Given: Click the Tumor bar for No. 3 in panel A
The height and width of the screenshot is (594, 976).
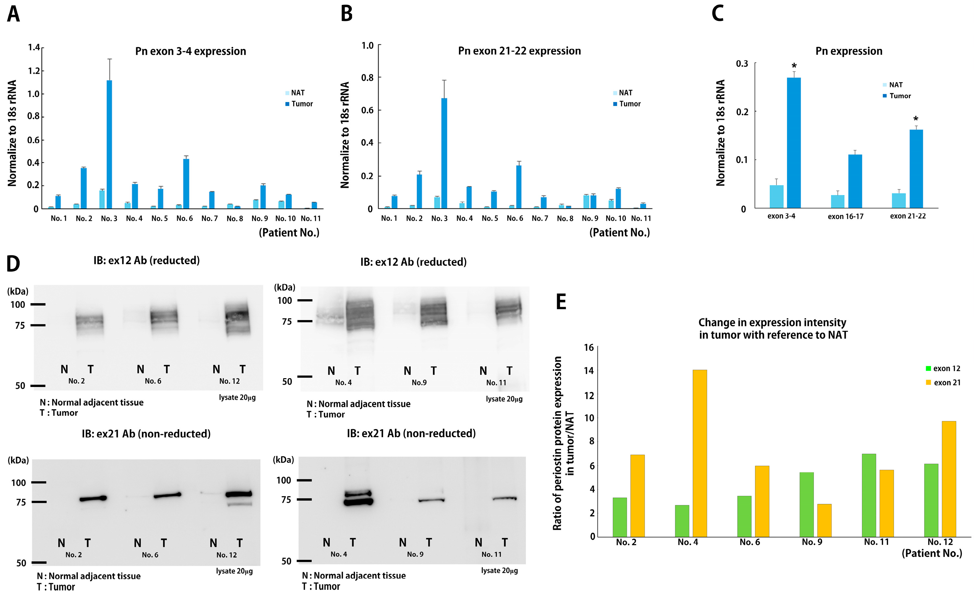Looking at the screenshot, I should [109, 144].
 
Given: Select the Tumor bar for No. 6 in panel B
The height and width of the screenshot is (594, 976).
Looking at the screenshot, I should [519, 187].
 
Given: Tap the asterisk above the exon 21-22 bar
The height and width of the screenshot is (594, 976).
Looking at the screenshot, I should [915, 119].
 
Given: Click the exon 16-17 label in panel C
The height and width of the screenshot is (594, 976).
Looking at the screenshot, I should [845, 216].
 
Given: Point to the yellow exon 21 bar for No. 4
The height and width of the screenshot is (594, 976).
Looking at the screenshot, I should [699, 453].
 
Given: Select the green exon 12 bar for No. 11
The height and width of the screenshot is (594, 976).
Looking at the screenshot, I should [868, 495].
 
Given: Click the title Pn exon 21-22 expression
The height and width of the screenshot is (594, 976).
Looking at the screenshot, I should [519, 51].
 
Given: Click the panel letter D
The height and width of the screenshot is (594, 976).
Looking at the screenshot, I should [13, 264].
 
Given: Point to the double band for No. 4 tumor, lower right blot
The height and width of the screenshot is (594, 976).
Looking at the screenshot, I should [358, 498].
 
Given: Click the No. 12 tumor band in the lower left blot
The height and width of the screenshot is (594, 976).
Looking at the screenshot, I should [238, 494].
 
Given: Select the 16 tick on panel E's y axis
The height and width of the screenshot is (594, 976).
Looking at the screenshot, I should [589, 348].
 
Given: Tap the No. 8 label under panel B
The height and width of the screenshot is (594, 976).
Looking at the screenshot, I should [565, 218].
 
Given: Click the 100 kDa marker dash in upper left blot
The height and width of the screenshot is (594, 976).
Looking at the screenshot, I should [38, 304].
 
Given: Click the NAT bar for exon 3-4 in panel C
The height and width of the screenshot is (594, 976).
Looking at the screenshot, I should [776, 196].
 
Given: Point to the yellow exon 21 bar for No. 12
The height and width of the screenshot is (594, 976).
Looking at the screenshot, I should [949, 479].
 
